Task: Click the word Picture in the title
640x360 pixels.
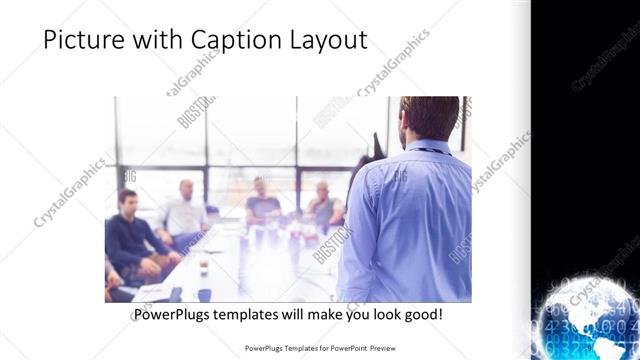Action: coord(85,40)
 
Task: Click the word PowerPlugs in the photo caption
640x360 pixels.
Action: coord(173,314)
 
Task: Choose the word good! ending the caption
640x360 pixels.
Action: coord(423,314)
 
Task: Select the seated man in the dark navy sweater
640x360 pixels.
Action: coord(131,235)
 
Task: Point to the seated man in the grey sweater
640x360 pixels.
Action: coord(323,205)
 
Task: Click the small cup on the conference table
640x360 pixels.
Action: coord(203,266)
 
